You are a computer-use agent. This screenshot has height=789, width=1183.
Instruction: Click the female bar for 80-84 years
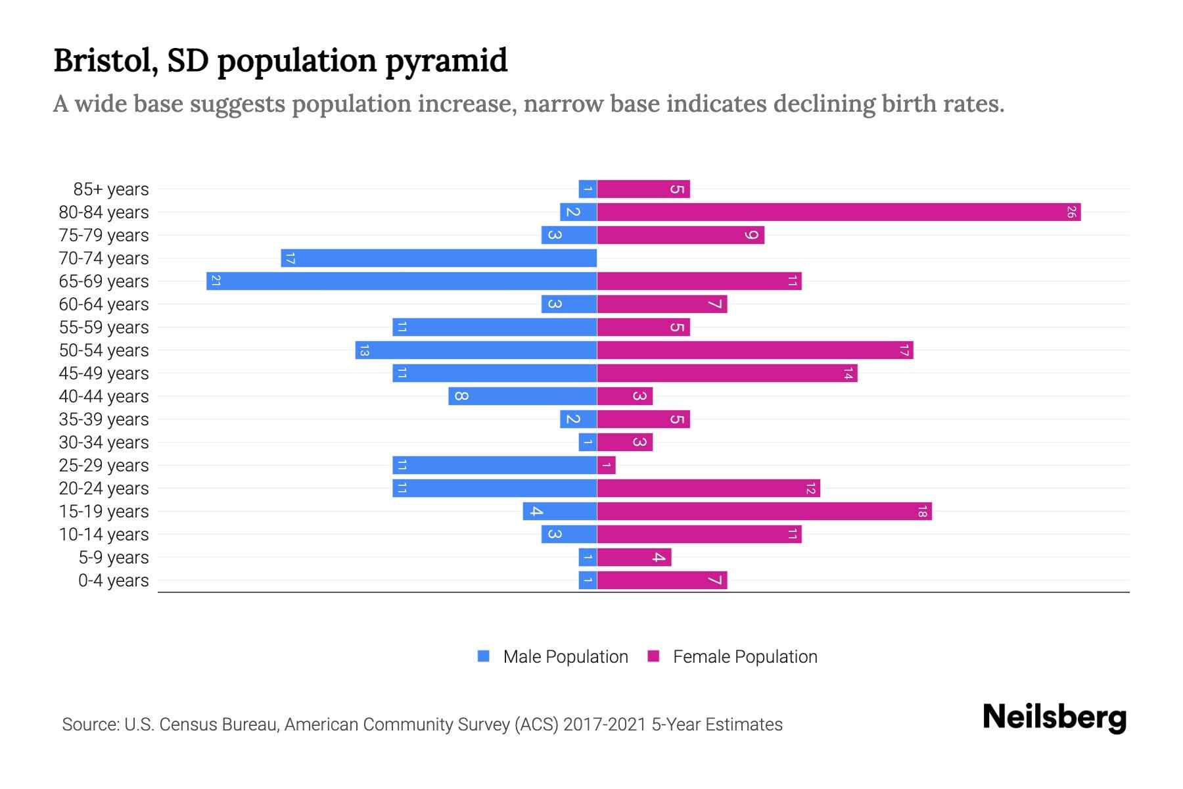[x=839, y=212]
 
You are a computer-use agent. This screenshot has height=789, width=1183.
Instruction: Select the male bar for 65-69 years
[x=402, y=281]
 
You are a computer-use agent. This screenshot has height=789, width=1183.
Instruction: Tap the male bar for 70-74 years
[x=439, y=258]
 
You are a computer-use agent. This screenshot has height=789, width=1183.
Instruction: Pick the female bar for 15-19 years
[x=764, y=512]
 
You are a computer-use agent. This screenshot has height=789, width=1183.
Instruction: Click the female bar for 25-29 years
[x=607, y=466]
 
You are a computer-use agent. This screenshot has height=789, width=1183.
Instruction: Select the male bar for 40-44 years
[x=523, y=396]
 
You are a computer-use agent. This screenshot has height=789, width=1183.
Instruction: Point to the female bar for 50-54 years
[x=755, y=350]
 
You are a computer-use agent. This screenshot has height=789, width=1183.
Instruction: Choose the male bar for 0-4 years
[x=588, y=581]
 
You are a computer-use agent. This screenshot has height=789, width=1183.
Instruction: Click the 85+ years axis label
[x=110, y=189]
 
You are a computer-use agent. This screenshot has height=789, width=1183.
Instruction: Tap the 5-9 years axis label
[x=113, y=558]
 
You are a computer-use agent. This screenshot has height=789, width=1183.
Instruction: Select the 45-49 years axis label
[x=104, y=373]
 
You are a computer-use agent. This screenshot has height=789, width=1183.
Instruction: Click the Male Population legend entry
[x=565, y=657]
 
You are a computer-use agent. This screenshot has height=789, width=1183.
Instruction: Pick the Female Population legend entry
[x=745, y=657]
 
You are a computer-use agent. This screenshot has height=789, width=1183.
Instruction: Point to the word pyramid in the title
[x=446, y=61]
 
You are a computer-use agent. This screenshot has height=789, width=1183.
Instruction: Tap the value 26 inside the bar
[x=1071, y=212]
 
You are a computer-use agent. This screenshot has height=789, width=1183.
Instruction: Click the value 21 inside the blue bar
[x=216, y=281]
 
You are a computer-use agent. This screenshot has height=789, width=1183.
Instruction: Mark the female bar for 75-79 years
[x=680, y=235]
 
